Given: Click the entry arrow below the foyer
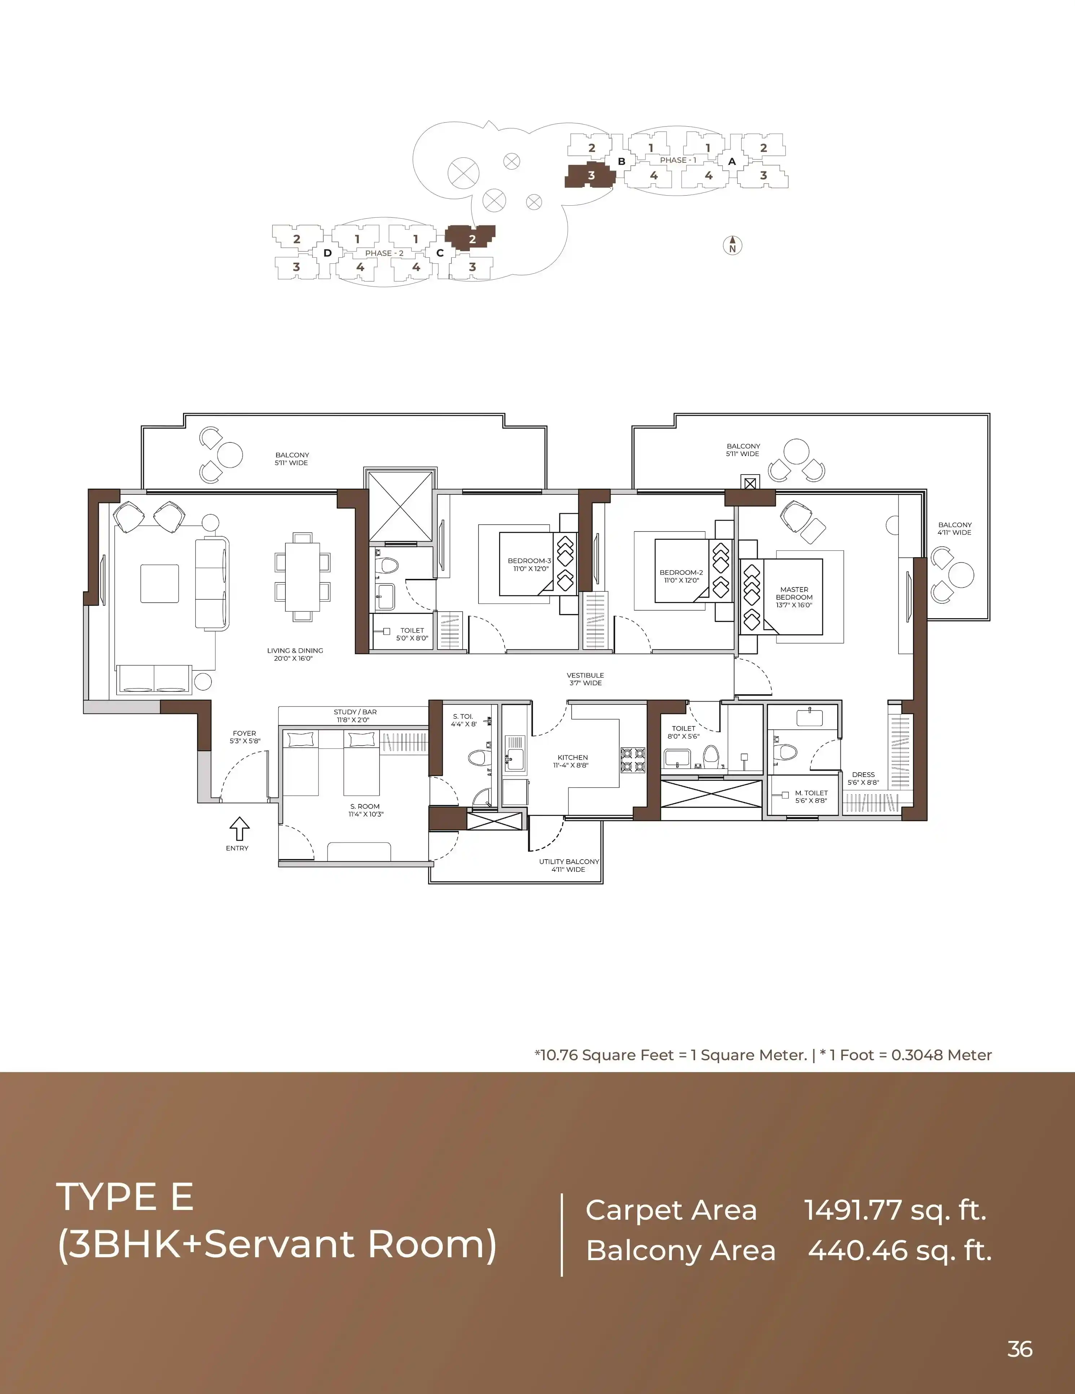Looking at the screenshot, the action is [239, 829].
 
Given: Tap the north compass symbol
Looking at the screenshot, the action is [733, 245].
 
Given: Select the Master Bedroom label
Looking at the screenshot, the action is [794, 598].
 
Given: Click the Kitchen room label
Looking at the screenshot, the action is [573, 761].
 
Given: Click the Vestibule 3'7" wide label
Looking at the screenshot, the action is [585, 679].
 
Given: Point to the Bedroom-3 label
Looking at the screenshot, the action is [530, 565].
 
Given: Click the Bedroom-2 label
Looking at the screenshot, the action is [681, 576].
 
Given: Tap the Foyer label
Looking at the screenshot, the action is [245, 737].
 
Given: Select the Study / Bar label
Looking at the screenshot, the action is [355, 716].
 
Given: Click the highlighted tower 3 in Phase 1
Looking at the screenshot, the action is [590, 175].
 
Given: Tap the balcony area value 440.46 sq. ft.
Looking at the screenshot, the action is [900, 1250].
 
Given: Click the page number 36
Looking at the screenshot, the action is [1019, 1349].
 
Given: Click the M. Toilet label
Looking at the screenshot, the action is [811, 796].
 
